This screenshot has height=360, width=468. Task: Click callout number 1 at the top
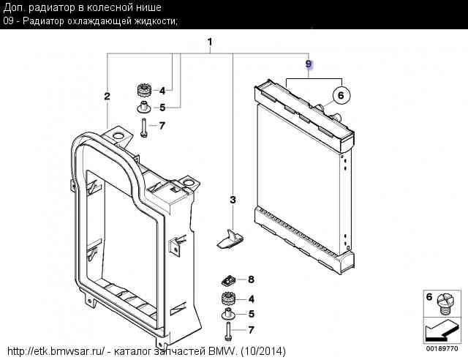pos(210,42)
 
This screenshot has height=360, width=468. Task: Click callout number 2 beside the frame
pos(107,96)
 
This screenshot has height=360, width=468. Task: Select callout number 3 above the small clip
pos(233,200)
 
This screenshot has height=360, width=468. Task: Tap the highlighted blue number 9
pos(309,64)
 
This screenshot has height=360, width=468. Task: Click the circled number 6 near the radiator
pos(341,95)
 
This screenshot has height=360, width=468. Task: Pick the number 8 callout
pos(252,280)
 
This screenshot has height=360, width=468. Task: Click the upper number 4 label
pos(162,91)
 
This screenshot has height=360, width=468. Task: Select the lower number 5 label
pos(252,314)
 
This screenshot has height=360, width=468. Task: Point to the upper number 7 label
pos(162,125)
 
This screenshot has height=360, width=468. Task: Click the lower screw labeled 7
pos(228,331)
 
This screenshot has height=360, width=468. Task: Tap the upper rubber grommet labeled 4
pos(144,90)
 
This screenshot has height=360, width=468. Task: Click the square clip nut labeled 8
pos(229,280)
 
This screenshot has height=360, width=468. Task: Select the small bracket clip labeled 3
pos(230,239)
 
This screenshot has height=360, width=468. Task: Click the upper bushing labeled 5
pos(144,108)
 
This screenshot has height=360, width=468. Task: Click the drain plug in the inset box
pos(445,304)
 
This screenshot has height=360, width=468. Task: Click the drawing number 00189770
pos(442,348)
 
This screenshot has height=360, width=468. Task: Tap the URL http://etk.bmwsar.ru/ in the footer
pos(56,351)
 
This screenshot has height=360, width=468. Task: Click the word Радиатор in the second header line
pos(43,21)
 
